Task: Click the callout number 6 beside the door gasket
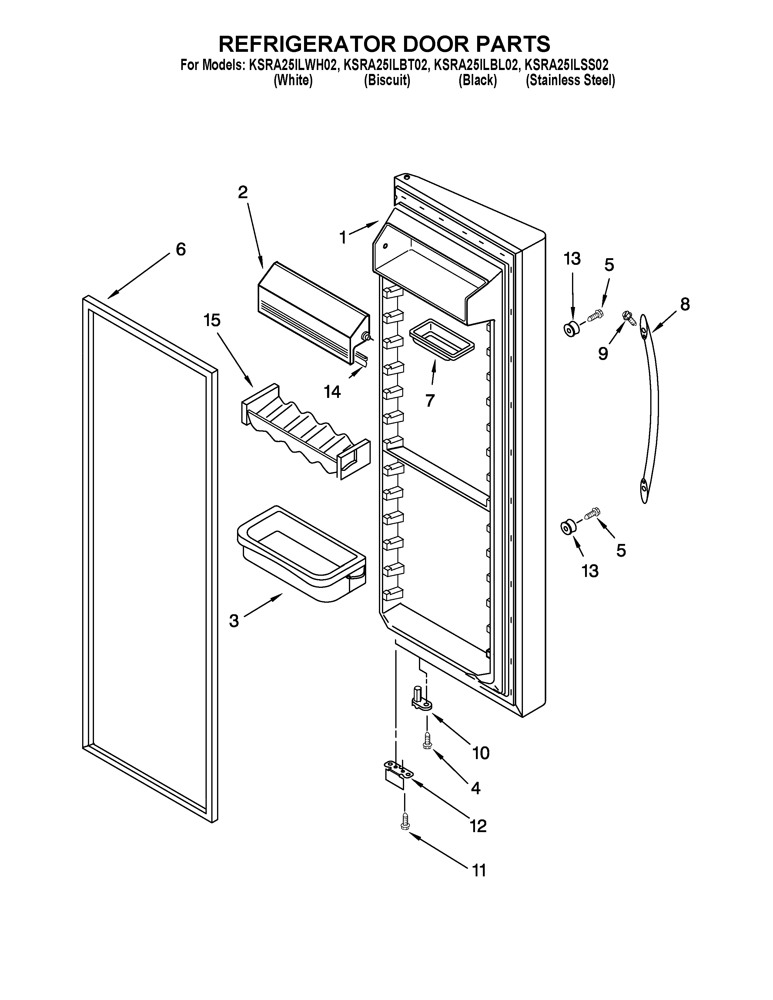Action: click(x=181, y=249)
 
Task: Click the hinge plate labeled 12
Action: click(x=397, y=773)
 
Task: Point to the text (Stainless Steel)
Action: click(x=570, y=81)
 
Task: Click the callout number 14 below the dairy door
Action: click(x=333, y=392)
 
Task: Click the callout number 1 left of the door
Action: click(x=343, y=237)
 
